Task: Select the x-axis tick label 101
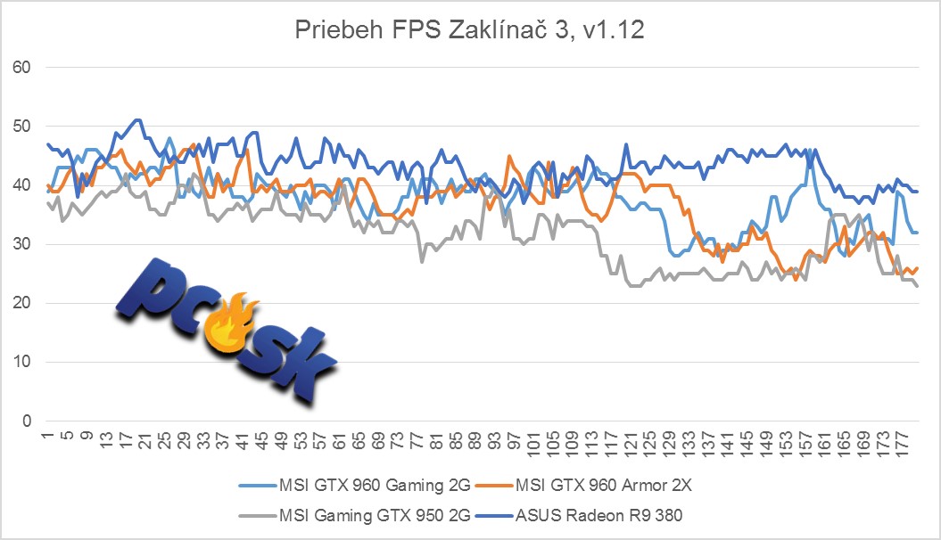(533, 441)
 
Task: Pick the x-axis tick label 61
(339, 439)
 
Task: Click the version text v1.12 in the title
(615, 33)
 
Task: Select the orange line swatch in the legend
(495, 487)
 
